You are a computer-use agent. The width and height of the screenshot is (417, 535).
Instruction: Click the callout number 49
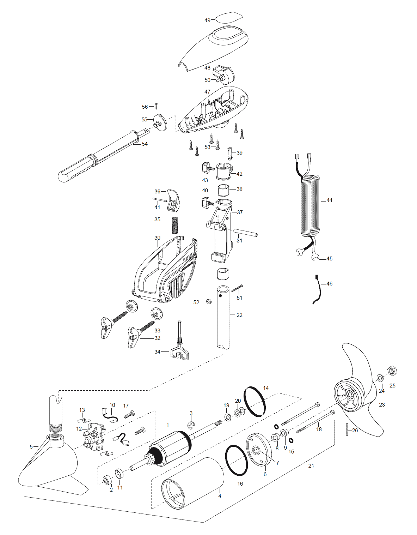tap(207, 20)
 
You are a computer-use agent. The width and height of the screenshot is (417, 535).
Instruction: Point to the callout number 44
tap(329, 200)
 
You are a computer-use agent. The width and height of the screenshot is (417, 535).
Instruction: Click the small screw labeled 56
tap(156, 106)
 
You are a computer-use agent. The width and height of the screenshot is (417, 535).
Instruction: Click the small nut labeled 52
tap(209, 301)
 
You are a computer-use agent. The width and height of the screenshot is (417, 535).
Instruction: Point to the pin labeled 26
tap(347, 429)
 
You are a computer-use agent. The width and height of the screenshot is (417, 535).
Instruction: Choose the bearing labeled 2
tap(107, 480)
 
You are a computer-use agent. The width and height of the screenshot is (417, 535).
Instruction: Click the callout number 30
tap(157, 238)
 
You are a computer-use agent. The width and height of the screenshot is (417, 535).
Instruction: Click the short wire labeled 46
tap(318, 289)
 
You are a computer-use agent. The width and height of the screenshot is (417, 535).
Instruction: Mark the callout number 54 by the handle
tap(145, 144)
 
